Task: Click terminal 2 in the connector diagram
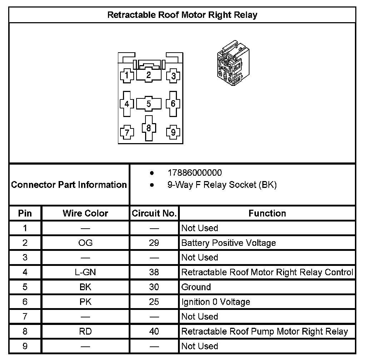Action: pos(149,75)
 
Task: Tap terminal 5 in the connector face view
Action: pos(149,104)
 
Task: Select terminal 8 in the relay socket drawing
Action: pos(149,127)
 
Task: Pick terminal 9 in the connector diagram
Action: pos(173,132)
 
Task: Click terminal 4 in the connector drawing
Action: pos(127,104)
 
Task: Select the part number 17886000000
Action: pos(194,173)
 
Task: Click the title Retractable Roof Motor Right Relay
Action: pos(182,15)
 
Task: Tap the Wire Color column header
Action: pos(85,214)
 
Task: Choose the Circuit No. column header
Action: pos(154,214)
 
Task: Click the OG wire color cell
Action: pos(85,243)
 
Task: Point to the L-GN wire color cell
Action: pos(85,272)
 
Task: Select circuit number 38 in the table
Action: pos(154,272)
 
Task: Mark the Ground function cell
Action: pos(196,287)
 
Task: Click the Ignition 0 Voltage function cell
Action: pos(216,302)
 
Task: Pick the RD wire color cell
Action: pos(85,331)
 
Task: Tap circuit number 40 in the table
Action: pos(154,331)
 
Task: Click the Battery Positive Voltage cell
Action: pos(228,243)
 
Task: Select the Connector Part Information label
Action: pos(69,185)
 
